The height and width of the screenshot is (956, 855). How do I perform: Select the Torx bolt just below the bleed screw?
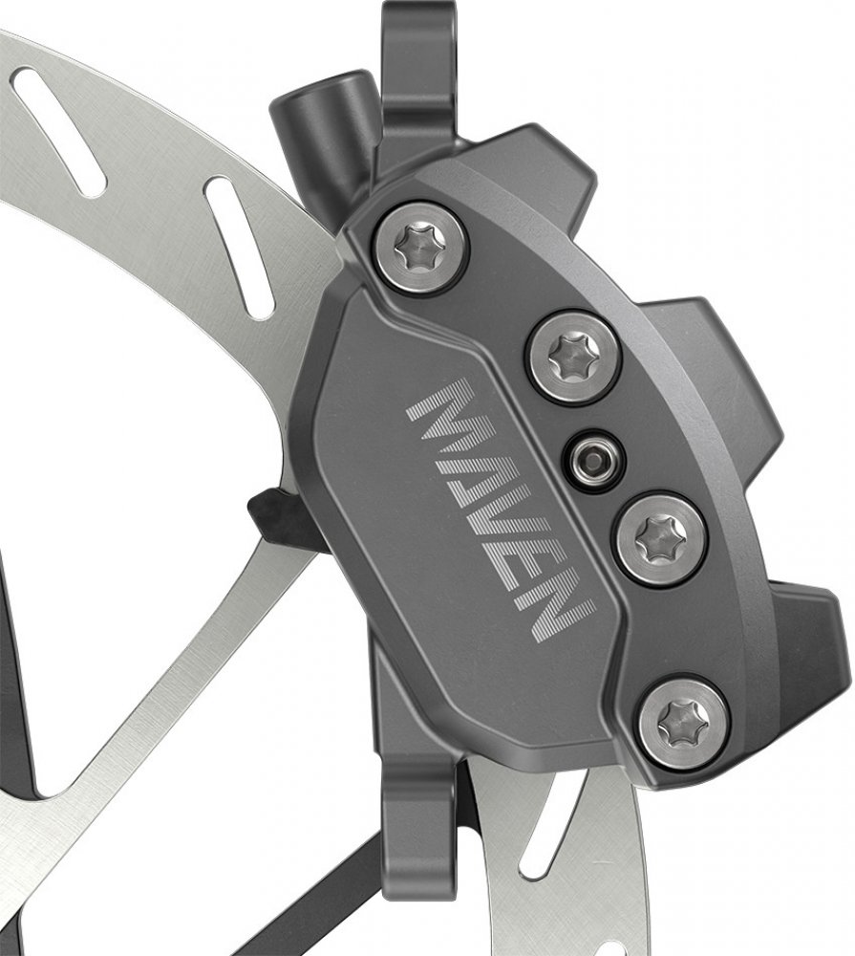point(662,539)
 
